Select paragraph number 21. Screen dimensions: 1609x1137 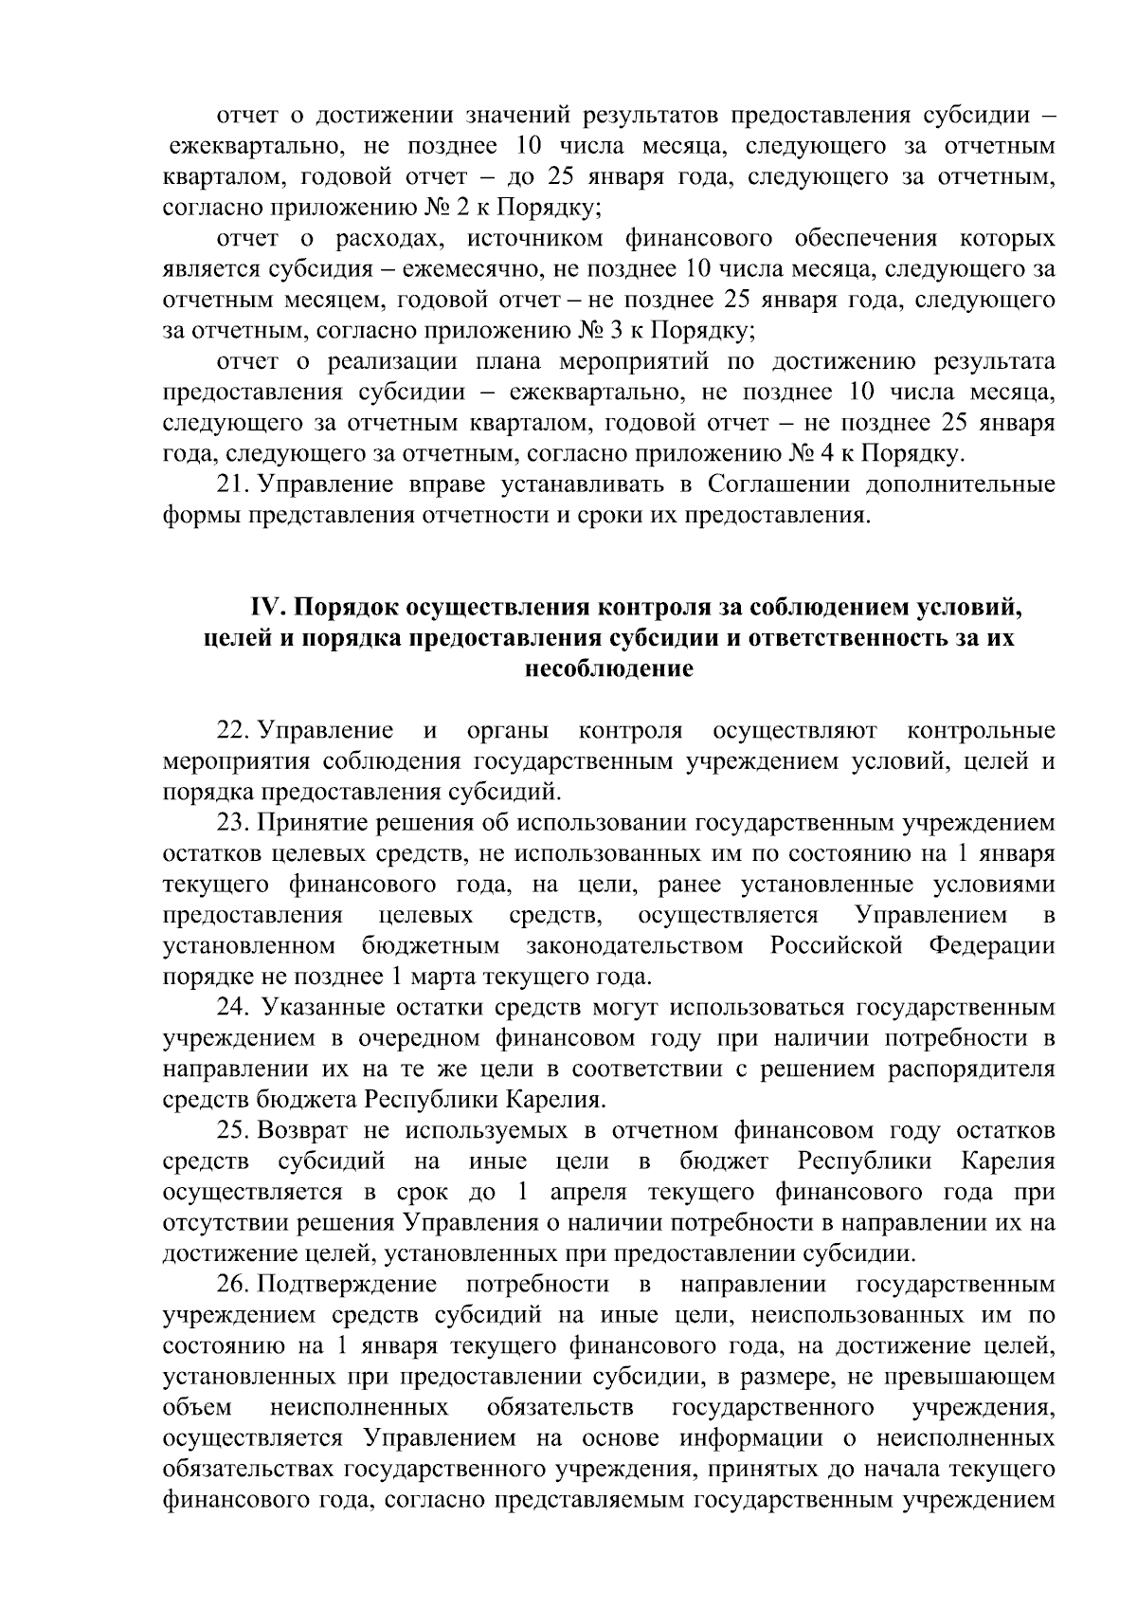(x=232, y=485)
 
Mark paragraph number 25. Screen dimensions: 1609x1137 (x=232, y=1130)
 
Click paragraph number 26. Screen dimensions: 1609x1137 (x=232, y=1284)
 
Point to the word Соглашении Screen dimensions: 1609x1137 (x=766, y=485)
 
